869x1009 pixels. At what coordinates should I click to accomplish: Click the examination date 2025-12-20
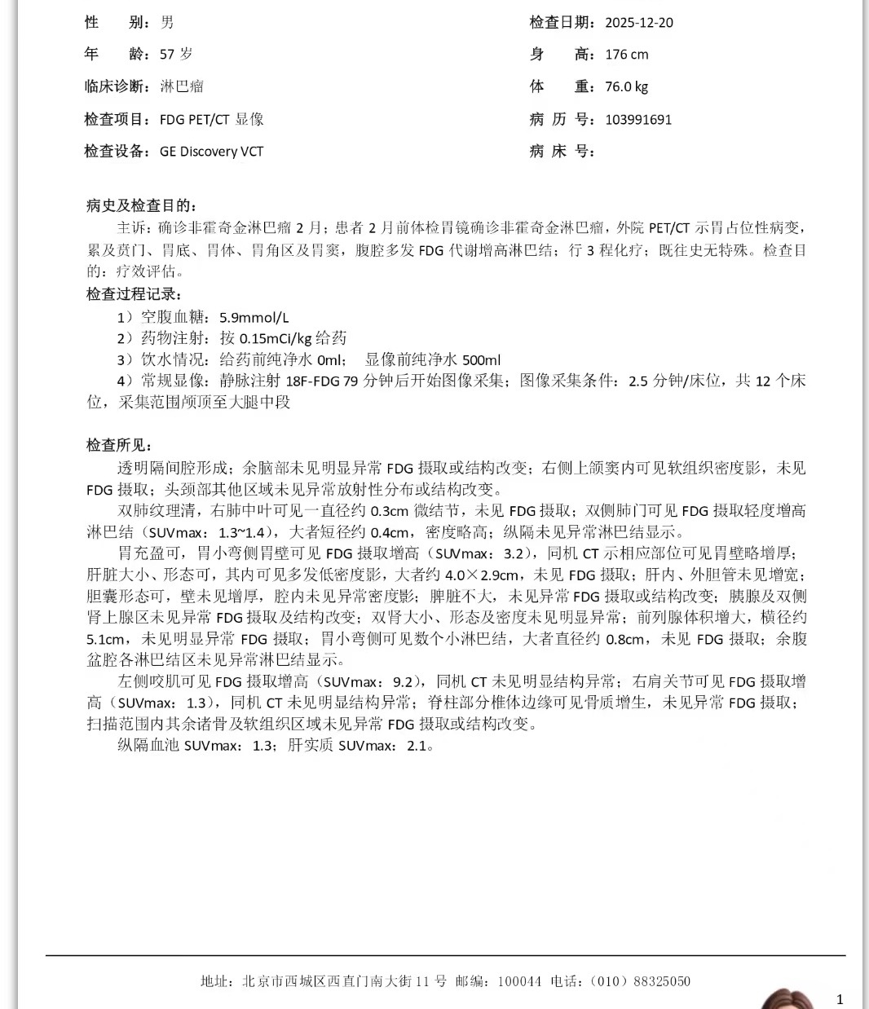pos(638,23)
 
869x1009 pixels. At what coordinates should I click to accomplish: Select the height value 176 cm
pos(626,55)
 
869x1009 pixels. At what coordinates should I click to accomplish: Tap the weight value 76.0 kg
pos(626,86)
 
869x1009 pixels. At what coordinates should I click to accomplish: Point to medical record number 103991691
pos(638,119)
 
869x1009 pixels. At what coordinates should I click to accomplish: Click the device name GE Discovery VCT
pos(211,151)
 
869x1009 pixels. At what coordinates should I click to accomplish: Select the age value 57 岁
pos(176,55)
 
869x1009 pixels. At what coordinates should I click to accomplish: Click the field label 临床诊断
pos(116,86)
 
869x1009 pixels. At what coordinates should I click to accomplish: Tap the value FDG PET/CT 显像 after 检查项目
pos(211,119)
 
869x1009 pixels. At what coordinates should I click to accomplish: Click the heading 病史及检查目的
pos(140,205)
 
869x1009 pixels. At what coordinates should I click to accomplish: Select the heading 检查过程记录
pos(134,294)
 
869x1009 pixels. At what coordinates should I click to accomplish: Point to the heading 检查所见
pos(119,445)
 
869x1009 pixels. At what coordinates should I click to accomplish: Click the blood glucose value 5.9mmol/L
pos(254,317)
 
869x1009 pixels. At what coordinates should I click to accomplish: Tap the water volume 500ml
pos(481,359)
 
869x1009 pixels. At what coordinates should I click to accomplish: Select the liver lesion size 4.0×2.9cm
pos(481,575)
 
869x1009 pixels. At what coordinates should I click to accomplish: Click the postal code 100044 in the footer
pos(519,981)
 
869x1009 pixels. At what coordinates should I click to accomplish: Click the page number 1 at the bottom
pos(840,999)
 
